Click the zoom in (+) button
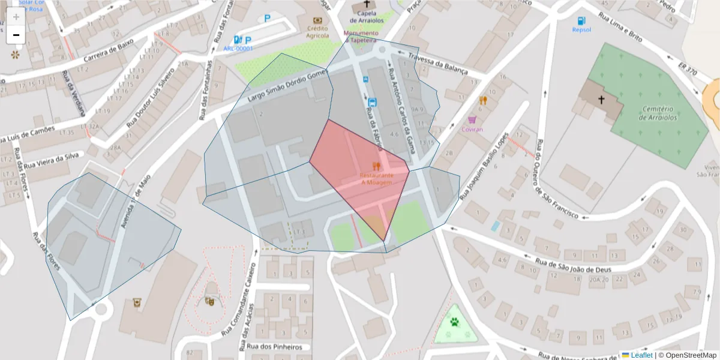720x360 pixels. click(x=16, y=17)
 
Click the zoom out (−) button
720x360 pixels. click(x=16, y=35)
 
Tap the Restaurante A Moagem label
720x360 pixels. click(x=376, y=178)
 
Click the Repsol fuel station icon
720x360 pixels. click(x=581, y=20)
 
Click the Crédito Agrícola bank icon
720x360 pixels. click(x=317, y=20)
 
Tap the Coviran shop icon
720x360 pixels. click(x=472, y=119)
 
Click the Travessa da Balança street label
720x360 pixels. click(x=437, y=63)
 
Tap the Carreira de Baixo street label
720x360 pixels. click(x=99, y=58)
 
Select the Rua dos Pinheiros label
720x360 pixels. click(x=274, y=347)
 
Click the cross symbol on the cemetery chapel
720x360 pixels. click(x=601, y=99)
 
